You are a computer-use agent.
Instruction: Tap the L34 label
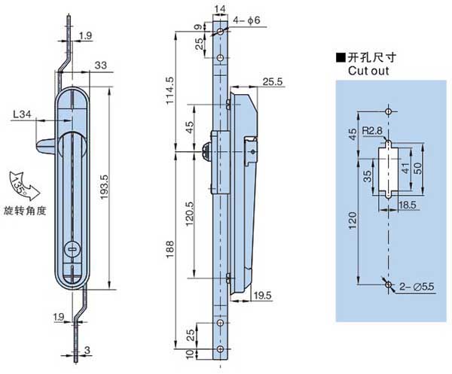coord(23,115)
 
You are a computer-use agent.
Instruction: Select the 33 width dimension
coord(100,65)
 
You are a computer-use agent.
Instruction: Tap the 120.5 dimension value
coord(190,217)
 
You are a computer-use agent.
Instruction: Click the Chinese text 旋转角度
coord(24,210)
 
